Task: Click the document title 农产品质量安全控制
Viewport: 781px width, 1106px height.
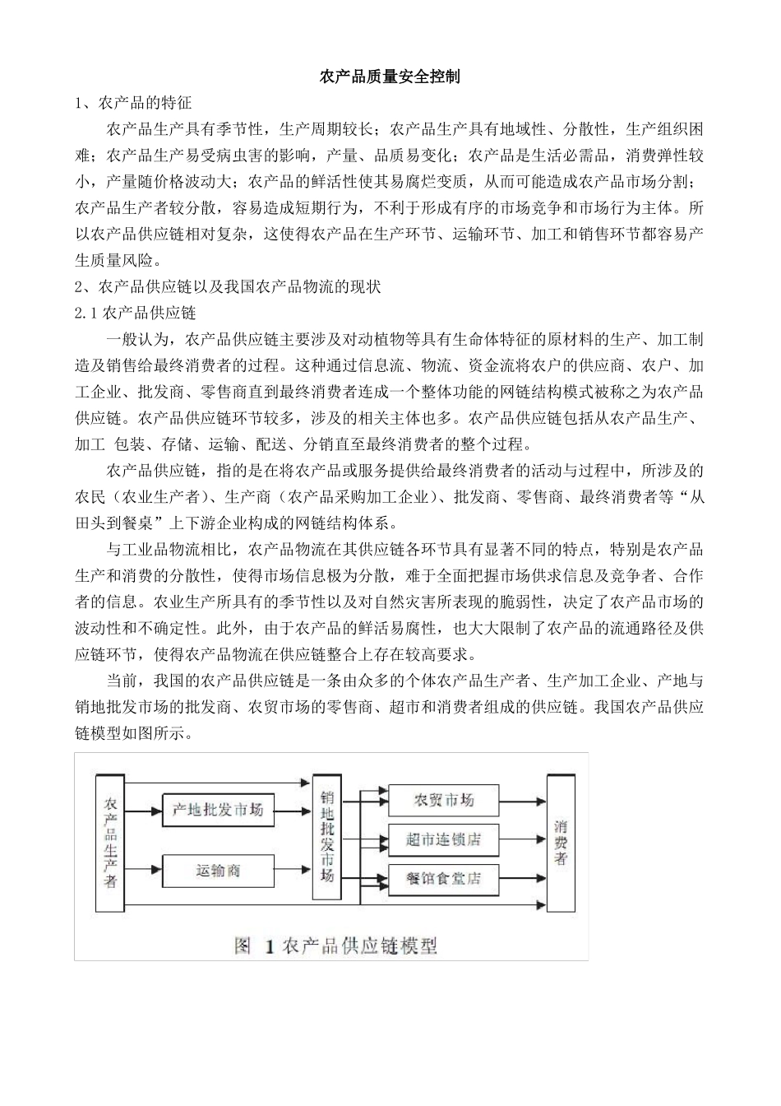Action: click(390, 77)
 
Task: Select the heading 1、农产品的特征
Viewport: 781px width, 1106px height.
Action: click(133, 104)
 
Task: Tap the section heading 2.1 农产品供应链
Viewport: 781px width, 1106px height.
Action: click(136, 314)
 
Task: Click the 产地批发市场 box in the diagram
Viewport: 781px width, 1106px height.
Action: click(218, 810)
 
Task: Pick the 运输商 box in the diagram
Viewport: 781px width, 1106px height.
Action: click(218, 868)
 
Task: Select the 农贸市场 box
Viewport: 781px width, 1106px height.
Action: click(443, 800)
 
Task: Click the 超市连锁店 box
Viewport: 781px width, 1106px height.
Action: click(443, 839)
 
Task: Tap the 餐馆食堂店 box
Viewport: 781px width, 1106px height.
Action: click(443, 879)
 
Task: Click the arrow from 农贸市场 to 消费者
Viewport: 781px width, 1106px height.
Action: click(523, 800)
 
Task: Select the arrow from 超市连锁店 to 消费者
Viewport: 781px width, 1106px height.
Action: click(523, 839)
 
